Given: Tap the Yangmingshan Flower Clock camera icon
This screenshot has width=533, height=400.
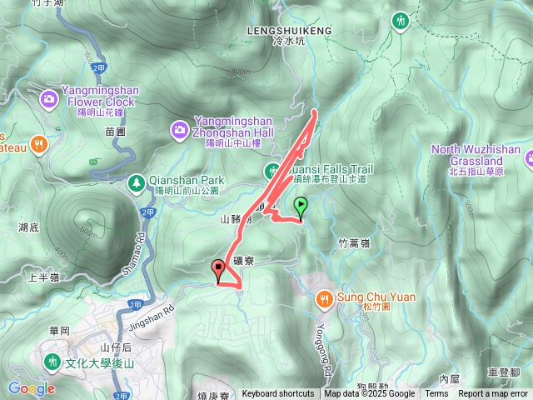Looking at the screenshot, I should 48,100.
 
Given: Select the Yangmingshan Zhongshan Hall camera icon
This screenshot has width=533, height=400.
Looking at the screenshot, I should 179,129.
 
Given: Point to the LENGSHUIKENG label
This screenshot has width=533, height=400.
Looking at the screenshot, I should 289,31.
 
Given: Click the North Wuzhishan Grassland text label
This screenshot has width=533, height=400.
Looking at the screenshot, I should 476,155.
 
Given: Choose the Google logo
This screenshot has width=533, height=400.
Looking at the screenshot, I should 32,388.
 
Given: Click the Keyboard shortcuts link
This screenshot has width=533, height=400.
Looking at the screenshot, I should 278,394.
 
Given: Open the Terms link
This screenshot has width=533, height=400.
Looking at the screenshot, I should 436,394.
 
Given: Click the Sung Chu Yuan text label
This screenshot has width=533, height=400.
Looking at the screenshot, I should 366,296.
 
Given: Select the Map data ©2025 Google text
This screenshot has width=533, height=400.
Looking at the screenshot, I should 369,394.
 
